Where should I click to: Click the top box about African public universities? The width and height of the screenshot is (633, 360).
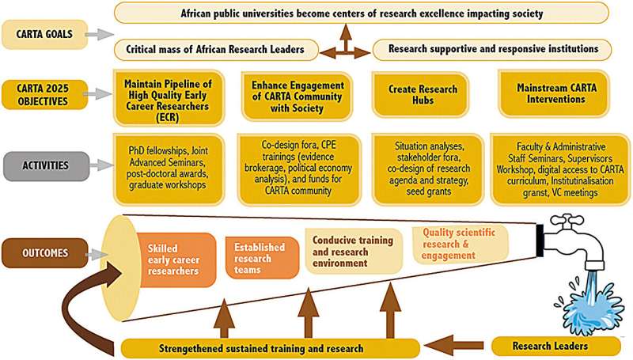coord(362,13)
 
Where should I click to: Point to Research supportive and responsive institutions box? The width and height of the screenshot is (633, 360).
coord(493,50)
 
